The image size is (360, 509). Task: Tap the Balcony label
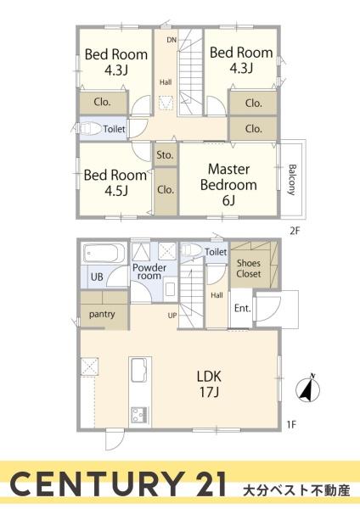click(x=292, y=180)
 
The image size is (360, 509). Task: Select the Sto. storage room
click(x=166, y=155)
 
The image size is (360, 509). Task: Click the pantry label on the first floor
click(x=102, y=314)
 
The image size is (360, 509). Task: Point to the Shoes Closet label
click(x=249, y=268)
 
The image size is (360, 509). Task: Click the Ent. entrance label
click(x=242, y=308)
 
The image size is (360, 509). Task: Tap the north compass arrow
click(x=308, y=389)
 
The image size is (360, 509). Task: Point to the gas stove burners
click(x=139, y=415)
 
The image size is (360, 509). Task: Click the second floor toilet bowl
click(x=89, y=129)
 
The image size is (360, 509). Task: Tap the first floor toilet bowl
click(x=190, y=249)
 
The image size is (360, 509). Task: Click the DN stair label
click(x=172, y=40)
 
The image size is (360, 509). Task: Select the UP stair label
click(x=172, y=316)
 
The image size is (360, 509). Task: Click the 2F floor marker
click(x=295, y=231)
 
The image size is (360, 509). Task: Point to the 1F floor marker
click(x=292, y=424)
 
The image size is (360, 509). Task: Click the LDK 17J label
click(x=209, y=384)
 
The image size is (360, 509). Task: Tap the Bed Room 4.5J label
click(x=115, y=182)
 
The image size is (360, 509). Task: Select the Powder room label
click(x=149, y=271)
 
